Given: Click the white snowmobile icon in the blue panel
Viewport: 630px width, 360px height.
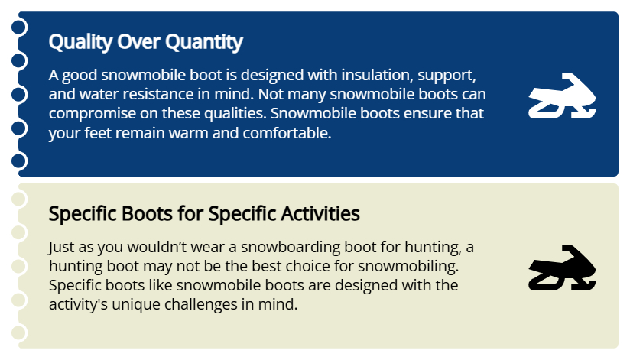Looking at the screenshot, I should pos(562,97).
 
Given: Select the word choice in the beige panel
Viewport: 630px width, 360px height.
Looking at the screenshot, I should pos(308,268).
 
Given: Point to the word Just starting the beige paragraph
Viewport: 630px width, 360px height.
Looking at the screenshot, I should pos(62,248).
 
